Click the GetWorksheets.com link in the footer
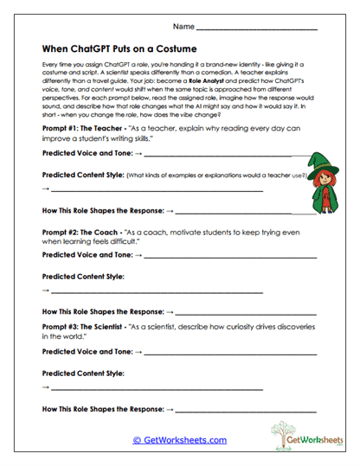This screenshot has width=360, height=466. click(x=179, y=440)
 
